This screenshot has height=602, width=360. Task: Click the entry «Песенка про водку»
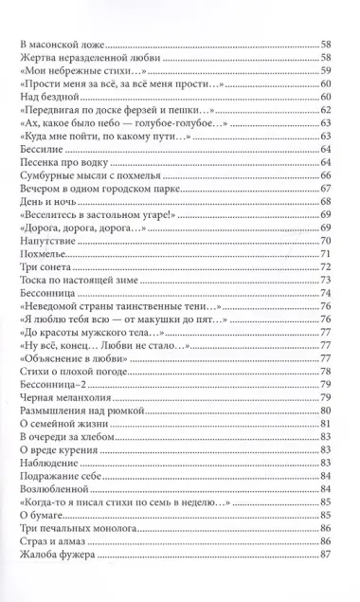[x=66, y=164]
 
